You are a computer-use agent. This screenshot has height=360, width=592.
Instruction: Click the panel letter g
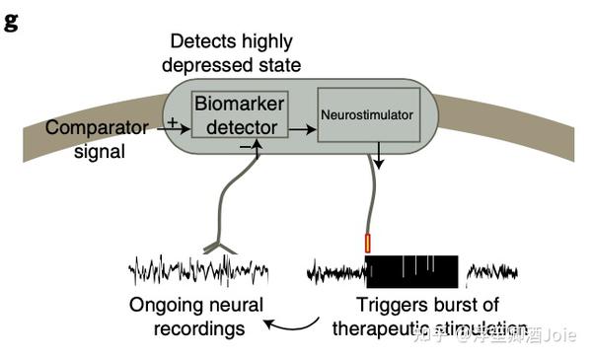tap(11, 22)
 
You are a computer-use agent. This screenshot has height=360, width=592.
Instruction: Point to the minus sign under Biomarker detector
tap(243, 145)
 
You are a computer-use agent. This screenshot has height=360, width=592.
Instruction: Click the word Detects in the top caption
tap(201, 41)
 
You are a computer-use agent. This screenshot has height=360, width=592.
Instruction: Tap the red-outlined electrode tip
tap(368, 242)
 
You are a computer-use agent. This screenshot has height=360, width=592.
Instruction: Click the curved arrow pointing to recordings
tap(296, 325)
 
